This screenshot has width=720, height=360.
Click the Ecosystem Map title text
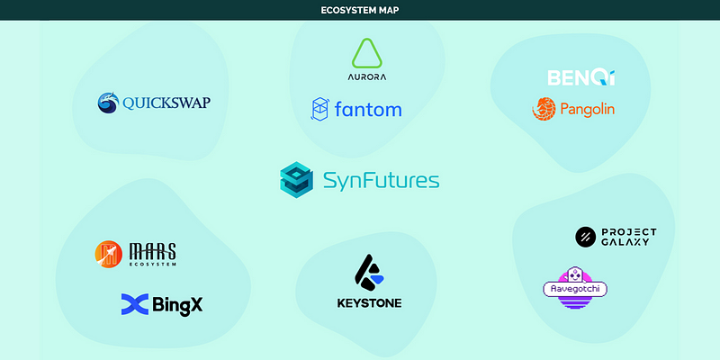pyautogui.click(x=359, y=11)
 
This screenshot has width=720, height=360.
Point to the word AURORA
pyautogui.click(x=366, y=77)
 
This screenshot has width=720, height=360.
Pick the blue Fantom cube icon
pyautogui.click(x=321, y=110)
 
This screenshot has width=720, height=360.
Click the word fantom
pyautogui.click(x=369, y=110)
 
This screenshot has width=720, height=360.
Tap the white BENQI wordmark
pyautogui.click(x=581, y=77)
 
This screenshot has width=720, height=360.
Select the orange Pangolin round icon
pyautogui.click(x=544, y=109)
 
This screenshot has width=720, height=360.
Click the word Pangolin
pyautogui.click(x=586, y=110)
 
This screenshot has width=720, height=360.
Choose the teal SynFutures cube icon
pyautogui.click(x=296, y=179)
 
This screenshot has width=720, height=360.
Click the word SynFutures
pyautogui.click(x=381, y=180)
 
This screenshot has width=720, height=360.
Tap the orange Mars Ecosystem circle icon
pyautogui.click(x=108, y=255)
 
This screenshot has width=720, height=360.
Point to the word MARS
pyautogui.click(x=151, y=249)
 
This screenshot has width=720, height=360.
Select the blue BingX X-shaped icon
pyautogui.click(x=134, y=304)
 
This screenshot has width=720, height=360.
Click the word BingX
pyautogui.click(x=178, y=304)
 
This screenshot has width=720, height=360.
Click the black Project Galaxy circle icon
pyautogui.click(x=586, y=237)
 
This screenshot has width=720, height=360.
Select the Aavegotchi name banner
pyautogui.click(x=575, y=289)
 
